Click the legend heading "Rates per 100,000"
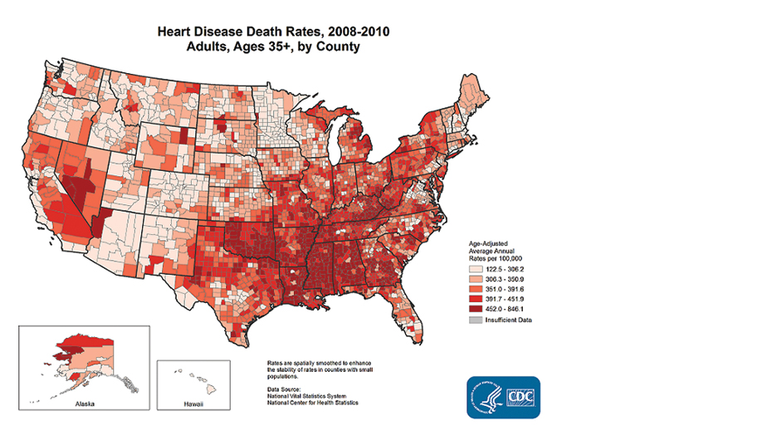click(497, 259)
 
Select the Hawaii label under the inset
click(193, 403)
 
